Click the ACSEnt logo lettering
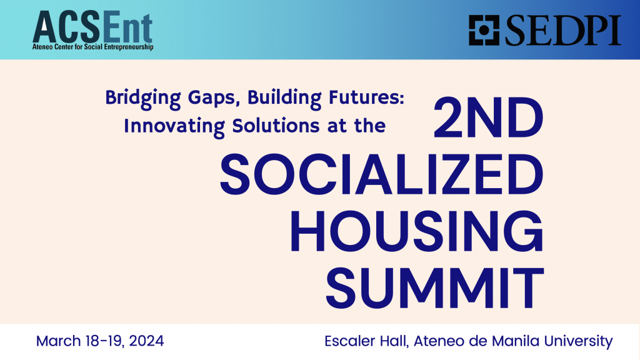[92, 26]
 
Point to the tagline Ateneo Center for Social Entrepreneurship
[92, 46]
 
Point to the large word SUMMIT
[434, 284]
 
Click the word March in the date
[58, 341]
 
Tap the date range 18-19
[103, 341]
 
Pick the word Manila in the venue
[516, 341]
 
